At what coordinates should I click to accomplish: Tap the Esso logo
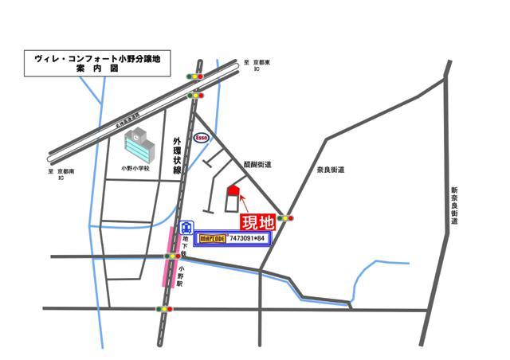point(202,137)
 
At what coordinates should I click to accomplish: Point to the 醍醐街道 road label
point(258,164)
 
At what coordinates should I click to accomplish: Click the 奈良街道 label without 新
point(330,170)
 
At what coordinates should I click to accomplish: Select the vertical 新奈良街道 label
point(453,205)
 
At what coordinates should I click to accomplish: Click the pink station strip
point(168,256)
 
